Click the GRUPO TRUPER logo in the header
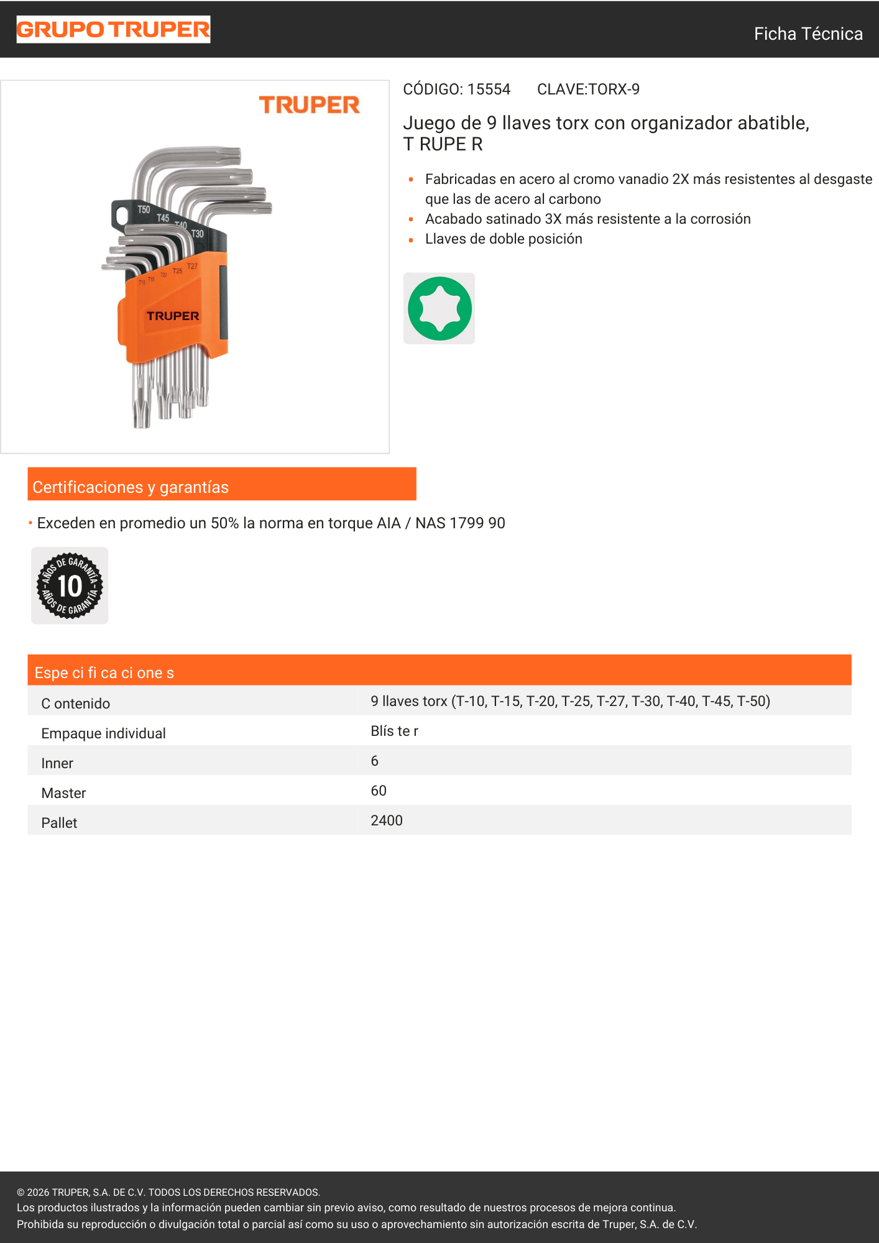113,29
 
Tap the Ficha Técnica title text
808,34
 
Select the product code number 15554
489,89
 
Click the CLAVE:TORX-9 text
588,89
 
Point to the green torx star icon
439,308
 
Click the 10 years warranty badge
70,585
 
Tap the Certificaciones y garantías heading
131,487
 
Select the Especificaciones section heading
104,672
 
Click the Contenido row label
76,704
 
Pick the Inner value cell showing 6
375,761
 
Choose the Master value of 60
379,791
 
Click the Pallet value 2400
387,820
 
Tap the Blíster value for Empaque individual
395,731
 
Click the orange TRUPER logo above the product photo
309,105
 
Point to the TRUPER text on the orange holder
173,316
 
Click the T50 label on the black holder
144,209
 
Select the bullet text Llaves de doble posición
504,239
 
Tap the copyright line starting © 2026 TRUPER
168,1192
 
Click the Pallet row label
59,823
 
